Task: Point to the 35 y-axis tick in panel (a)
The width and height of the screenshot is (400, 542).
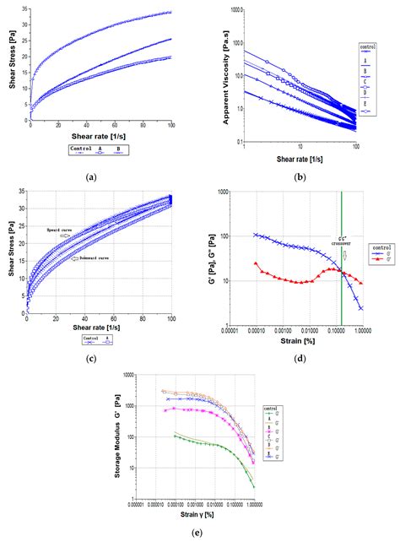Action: pos(24,8)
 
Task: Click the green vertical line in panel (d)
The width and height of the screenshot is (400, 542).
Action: pos(341,253)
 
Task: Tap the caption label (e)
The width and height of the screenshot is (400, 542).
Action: pos(198,532)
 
